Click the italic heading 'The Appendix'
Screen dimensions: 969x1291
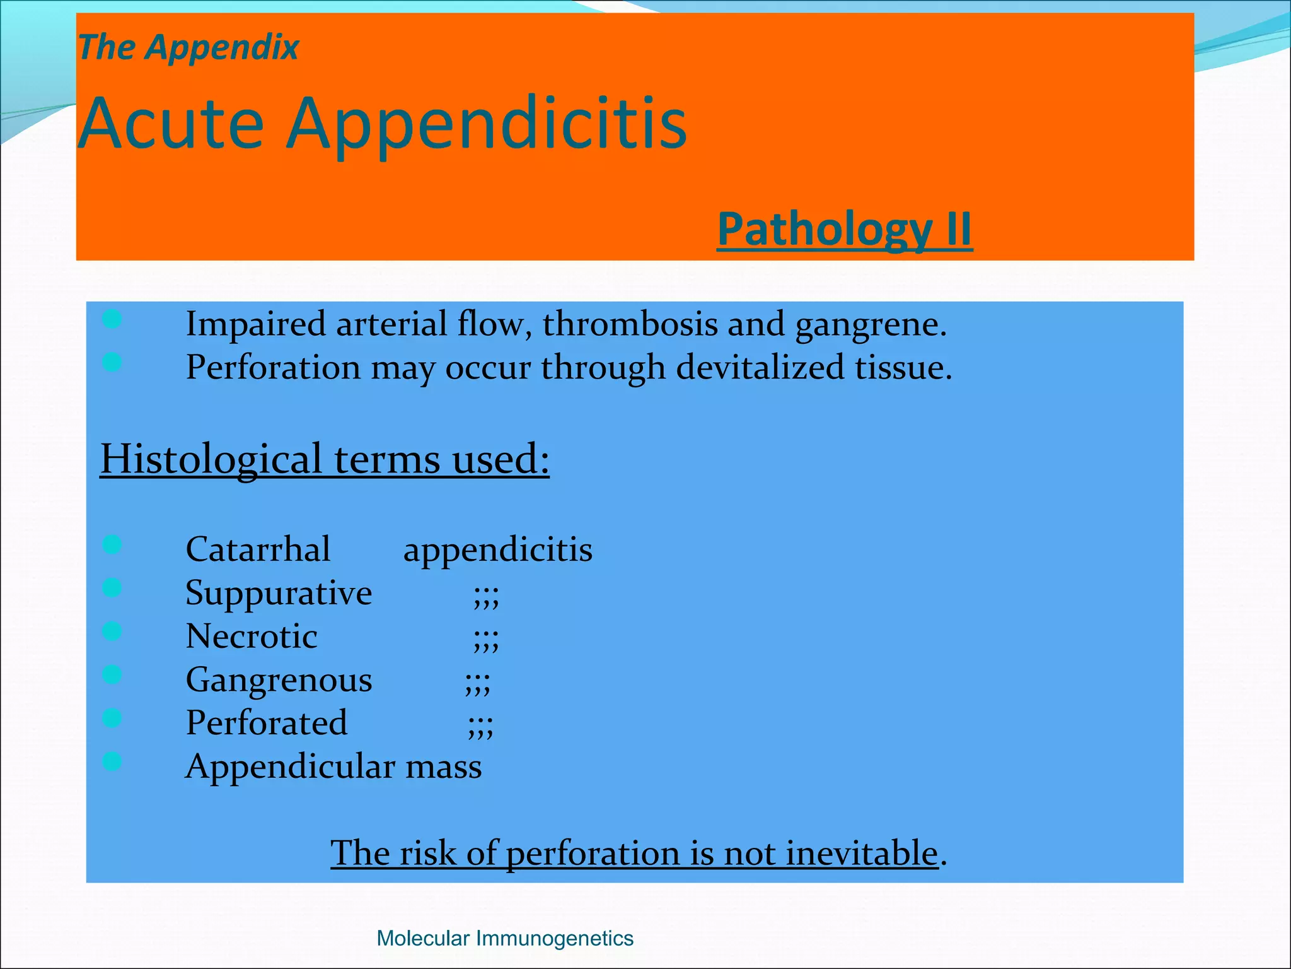click(x=188, y=48)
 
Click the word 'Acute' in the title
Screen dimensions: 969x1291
click(x=171, y=124)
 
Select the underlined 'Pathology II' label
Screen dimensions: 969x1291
click(x=844, y=229)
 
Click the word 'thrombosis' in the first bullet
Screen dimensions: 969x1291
click(x=630, y=325)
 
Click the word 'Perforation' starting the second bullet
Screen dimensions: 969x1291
click(x=273, y=367)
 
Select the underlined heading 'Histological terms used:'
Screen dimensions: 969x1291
click(x=325, y=459)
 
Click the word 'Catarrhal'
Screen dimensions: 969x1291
click(x=258, y=549)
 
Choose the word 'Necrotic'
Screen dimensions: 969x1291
click(x=251, y=637)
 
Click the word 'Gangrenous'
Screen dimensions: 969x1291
click(x=279, y=681)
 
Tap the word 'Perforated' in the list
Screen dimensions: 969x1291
click(x=266, y=723)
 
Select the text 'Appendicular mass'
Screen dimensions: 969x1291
click(x=333, y=767)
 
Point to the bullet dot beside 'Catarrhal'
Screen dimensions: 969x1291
click(x=112, y=544)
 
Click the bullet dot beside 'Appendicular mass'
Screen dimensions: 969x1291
click(x=112, y=761)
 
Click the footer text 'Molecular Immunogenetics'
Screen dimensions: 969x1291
click(x=504, y=938)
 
